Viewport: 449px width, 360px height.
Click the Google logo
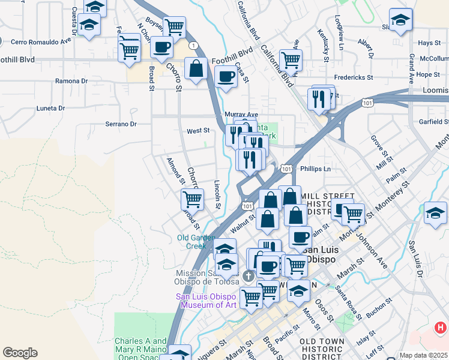(20, 353)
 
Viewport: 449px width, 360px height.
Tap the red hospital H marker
(440, 328)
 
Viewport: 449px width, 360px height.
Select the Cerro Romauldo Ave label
(40, 41)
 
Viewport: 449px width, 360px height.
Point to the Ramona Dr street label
(71, 81)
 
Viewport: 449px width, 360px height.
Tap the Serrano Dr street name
(121, 124)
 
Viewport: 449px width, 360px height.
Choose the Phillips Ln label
(315, 169)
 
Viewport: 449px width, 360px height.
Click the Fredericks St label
(354, 77)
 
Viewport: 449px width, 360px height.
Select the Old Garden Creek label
(191, 241)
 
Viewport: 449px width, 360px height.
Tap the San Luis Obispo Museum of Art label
(206, 301)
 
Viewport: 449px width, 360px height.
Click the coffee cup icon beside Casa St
(226, 77)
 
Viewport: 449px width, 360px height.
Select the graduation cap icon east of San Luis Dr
(435, 213)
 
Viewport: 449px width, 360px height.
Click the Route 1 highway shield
(193, 46)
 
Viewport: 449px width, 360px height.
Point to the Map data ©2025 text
(424, 355)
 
